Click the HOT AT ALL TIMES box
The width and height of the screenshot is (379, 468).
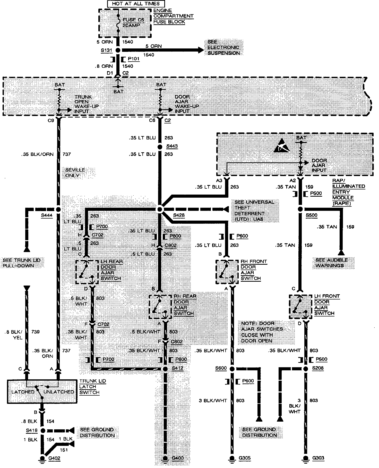pos(136,4)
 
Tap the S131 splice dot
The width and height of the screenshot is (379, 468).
pos(118,50)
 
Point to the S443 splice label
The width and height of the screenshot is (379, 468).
pos(172,146)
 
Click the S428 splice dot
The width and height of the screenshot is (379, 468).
pos(160,209)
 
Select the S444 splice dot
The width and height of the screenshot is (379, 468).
pos(58,209)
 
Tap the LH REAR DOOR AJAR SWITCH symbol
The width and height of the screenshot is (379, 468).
pos(87,272)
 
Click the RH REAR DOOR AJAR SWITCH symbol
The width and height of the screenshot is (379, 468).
pos(160,307)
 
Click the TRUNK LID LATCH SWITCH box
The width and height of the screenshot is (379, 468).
pos(42,391)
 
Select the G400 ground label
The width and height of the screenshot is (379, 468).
pos(178,458)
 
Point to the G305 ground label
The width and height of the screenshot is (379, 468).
pos(244,458)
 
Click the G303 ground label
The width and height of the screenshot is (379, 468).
pos(318,458)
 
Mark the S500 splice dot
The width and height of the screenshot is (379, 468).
pos(300,209)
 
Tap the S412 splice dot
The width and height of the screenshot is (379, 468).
pos(165,369)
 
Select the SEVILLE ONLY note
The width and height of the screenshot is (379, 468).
pos(75,173)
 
